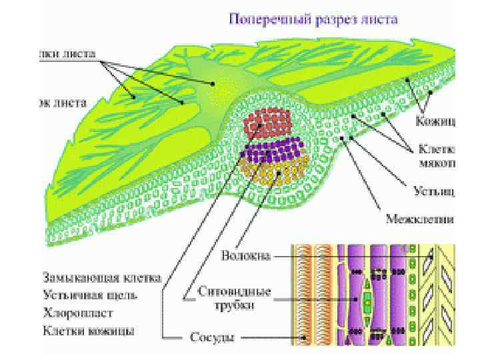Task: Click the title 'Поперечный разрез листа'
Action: tap(313, 19)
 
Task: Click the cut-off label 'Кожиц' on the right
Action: tap(435, 121)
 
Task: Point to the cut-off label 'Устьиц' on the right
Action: tap(435, 192)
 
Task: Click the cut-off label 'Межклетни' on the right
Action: tap(421, 218)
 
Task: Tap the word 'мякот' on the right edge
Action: tap(437, 161)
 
